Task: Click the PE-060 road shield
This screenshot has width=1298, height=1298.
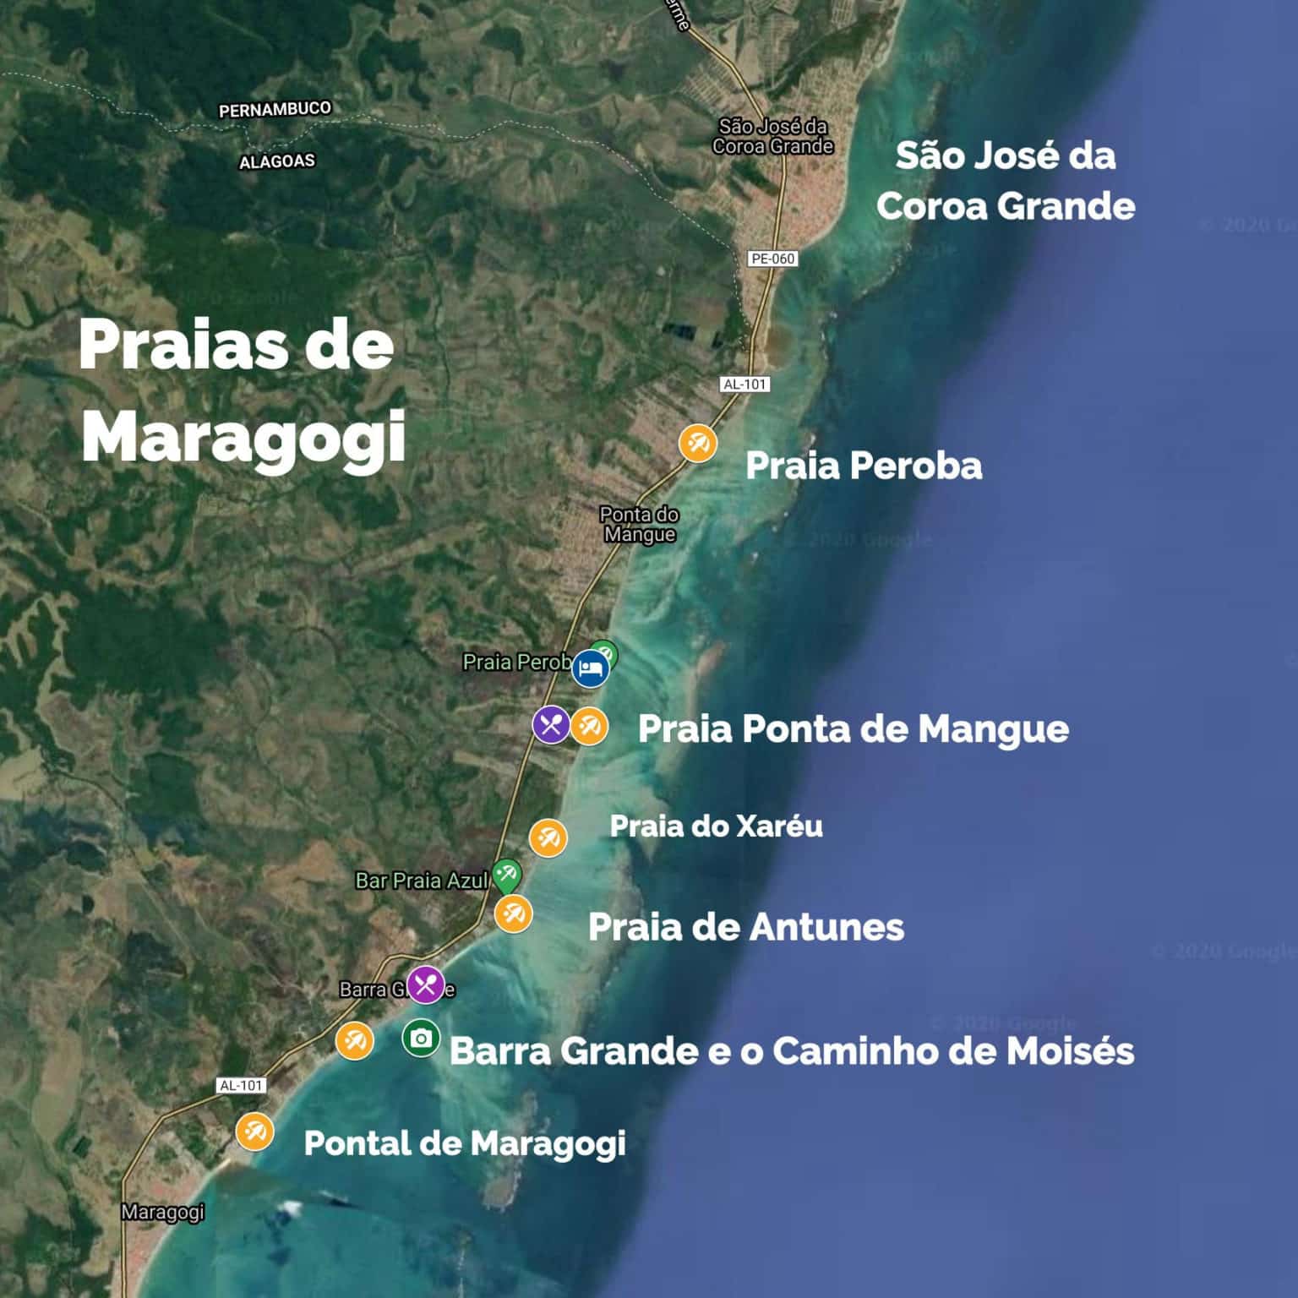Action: (x=772, y=259)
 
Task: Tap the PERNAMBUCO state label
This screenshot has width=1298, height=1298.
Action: (x=275, y=110)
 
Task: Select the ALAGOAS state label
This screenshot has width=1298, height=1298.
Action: (x=277, y=161)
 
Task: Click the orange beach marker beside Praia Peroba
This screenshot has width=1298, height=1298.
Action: (x=698, y=443)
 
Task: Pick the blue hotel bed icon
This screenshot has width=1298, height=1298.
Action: (x=590, y=669)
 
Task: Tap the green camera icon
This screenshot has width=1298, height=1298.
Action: (x=421, y=1038)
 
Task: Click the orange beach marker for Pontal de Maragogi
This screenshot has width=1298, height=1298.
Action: (x=254, y=1131)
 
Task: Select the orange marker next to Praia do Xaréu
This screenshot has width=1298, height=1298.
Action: (x=548, y=837)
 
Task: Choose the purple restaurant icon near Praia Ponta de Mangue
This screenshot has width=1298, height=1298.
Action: (x=551, y=724)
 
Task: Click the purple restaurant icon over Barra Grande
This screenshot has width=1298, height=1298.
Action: (x=426, y=984)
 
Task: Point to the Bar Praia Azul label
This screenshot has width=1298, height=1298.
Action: (x=421, y=881)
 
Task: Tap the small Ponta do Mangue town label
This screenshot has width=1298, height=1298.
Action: (x=640, y=524)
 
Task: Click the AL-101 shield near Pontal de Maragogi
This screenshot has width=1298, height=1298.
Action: (x=241, y=1085)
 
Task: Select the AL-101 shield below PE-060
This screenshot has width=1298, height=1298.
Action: (x=744, y=384)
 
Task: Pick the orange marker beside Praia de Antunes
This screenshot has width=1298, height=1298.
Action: (x=513, y=914)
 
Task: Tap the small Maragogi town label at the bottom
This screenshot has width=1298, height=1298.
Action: (x=163, y=1212)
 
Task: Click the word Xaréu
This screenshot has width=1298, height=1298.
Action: (x=779, y=826)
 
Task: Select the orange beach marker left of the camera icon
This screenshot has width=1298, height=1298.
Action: (x=354, y=1040)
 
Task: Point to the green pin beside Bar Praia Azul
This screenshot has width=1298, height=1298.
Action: (x=507, y=874)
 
